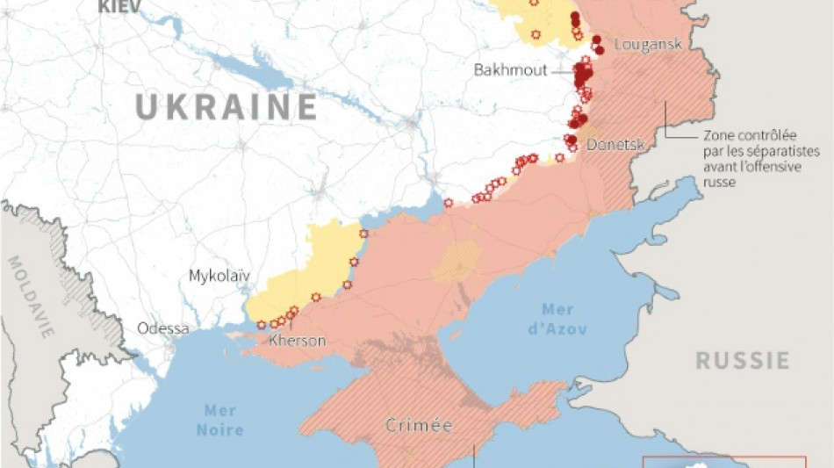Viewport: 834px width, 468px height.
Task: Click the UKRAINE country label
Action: [226, 107]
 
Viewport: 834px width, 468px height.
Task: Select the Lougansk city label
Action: [648, 44]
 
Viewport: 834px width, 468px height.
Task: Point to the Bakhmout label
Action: [509, 69]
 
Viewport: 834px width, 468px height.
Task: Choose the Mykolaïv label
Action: [219, 276]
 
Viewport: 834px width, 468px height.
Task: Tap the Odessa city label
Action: [162, 328]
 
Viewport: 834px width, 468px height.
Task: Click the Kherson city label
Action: [298, 341]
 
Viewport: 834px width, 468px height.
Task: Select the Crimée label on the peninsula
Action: [419, 426]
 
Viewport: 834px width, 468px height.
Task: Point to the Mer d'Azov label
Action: [558, 320]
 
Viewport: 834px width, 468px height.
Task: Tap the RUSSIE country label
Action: [742, 360]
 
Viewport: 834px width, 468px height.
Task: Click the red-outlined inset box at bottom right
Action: [723, 462]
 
